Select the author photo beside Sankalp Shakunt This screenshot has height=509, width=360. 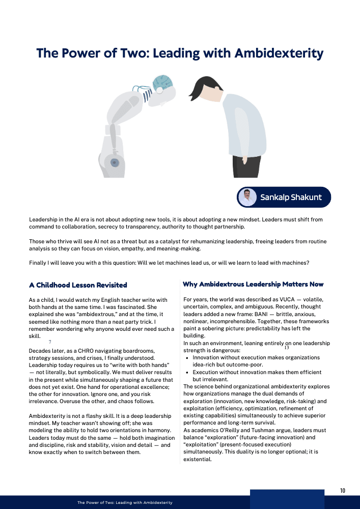pos(248,197)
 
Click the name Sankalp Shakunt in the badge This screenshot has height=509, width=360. pos(291,197)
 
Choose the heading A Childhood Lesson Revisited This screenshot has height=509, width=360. pos(78,285)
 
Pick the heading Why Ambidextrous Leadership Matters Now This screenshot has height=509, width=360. pos(253,284)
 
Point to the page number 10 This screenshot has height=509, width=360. pos(343,491)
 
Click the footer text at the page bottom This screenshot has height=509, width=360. pos(125,502)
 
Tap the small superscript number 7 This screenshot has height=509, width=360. pos(50,342)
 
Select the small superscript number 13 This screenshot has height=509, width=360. pos(287,348)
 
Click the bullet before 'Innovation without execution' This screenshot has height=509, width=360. pos(188,358)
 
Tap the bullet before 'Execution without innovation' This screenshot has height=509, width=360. pos(188,373)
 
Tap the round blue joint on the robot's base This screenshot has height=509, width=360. pos(115,163)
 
